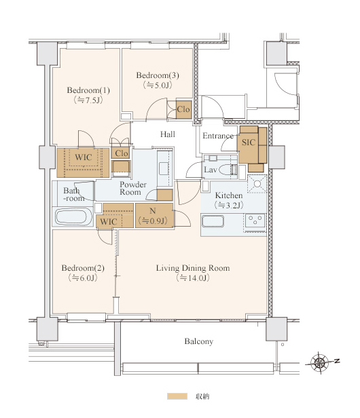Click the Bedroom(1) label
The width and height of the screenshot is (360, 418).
(88, 90)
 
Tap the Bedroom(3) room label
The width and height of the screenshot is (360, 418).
(158, 75)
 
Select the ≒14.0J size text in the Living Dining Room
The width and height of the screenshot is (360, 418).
(193, 278)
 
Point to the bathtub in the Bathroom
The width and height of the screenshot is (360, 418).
(73, 216)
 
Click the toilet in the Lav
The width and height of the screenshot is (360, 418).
(229, 170)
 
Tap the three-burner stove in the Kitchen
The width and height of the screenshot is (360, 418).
(255, 220)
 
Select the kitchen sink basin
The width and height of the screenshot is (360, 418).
(213, 221)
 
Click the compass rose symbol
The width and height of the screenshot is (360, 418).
(320, 362)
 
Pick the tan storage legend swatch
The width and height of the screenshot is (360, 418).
(177, 396)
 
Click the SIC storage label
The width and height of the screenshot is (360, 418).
(249, 142)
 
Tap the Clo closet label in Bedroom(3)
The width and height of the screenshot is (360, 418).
(183, 109)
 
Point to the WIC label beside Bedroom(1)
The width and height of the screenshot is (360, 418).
(84, 157)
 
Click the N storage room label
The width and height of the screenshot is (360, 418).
(153, 211)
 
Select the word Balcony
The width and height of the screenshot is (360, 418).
(199, 341)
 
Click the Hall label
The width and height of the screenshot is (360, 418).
(168, 134)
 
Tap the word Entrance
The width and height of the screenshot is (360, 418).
(218, 136)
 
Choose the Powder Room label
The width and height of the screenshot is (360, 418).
(133, 188)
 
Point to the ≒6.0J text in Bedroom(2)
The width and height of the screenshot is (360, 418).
(83, 278)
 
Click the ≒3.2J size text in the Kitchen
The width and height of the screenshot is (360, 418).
(229, 205)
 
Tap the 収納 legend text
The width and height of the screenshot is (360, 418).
(202, 396)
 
